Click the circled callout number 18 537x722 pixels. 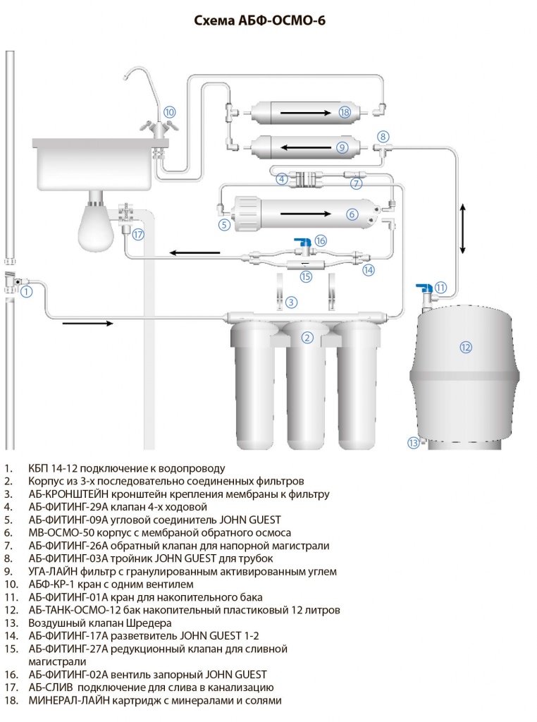coord(344,112)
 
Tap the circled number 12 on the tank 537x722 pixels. coord(465,346)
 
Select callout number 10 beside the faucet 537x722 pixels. coord(170,111)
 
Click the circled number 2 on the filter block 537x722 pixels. coord(307,337)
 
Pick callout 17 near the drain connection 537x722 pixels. coord(138,235)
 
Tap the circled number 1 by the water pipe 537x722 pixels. coord(26,290)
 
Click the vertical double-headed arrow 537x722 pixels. coord(462,228)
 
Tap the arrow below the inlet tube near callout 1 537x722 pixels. coord(87,324)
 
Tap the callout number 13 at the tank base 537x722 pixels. coord(413,442)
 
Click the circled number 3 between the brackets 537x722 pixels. coord(292,302)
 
